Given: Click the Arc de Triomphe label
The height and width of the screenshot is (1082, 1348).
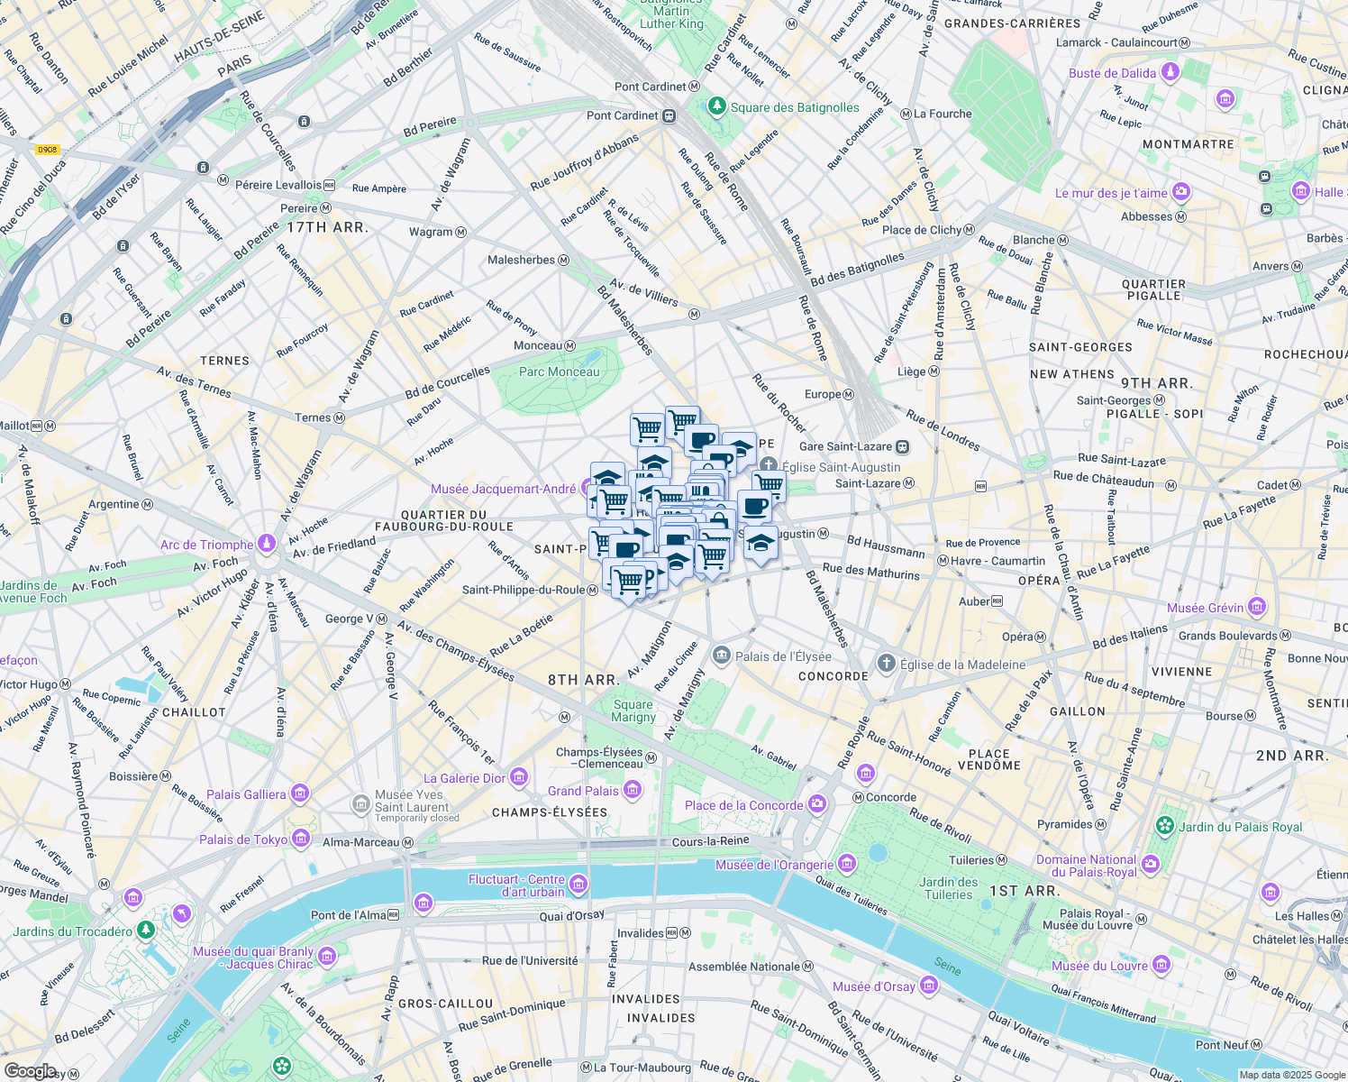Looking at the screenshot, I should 206,545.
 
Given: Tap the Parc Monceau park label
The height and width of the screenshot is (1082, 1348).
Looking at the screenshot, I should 559,371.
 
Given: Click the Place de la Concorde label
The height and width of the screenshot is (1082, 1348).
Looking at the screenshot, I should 743,805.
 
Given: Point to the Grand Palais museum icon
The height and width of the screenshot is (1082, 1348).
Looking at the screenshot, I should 633,791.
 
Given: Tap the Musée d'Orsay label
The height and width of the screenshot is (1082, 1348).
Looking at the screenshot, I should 873,986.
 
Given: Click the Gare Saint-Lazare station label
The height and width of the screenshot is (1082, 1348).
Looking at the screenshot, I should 845,446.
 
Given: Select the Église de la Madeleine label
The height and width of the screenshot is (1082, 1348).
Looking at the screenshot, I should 962,665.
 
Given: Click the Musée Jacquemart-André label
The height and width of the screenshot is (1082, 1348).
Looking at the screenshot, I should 503,489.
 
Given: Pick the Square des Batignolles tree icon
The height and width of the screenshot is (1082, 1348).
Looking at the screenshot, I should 716,107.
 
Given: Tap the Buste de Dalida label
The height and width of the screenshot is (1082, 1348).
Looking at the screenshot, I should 1112,73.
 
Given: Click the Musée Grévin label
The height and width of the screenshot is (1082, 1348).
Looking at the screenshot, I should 1205,608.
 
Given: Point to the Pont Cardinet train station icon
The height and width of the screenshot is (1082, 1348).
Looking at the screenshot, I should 669,115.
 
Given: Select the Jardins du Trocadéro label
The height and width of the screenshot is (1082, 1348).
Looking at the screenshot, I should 73,931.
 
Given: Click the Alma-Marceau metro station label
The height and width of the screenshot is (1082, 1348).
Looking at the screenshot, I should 360,842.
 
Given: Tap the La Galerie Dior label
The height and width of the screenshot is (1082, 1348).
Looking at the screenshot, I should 464,778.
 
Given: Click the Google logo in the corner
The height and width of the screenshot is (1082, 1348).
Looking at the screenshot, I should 30,1070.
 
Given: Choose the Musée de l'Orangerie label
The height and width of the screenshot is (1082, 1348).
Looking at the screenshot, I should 774,865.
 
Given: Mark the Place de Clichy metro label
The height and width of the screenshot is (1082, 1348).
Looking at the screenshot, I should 921,230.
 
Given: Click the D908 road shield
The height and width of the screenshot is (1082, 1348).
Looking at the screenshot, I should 48,150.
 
